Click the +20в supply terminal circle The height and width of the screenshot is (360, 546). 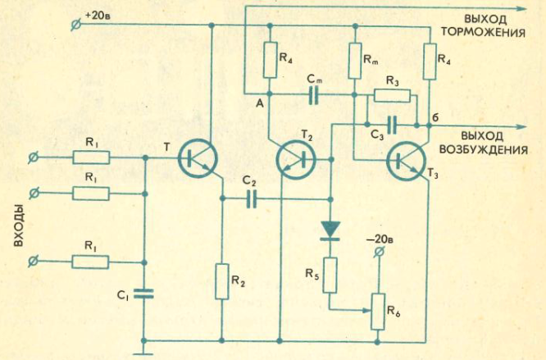[x=76, y=25]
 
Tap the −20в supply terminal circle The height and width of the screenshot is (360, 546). [x=380, y=252]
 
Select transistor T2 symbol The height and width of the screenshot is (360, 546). [x=296, y=160]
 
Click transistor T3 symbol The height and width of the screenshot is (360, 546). [x=407, y=161]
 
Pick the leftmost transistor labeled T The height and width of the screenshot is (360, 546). [x=198, y=159]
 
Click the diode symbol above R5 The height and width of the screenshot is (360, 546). [x=330, y=230]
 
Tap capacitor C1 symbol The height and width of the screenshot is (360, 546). [x=143, y=294]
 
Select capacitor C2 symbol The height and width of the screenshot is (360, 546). [x=252, y=198]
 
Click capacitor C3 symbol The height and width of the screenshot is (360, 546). [x=392, y=125]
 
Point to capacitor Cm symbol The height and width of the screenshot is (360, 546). [x=313, y=94]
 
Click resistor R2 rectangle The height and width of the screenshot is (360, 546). [x=222, y=281]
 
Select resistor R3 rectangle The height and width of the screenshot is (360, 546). [x=392, y=96]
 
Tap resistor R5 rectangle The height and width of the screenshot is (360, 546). [x=330, y=276]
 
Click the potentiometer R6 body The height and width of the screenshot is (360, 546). [x=378, y=312]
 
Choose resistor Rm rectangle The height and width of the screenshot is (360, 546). [x=355, y=61]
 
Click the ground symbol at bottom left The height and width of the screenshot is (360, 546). [x=143, y=350]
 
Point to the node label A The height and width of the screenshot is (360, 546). [x=260, y=103]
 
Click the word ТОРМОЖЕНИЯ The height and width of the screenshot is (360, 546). [x=484, y=32]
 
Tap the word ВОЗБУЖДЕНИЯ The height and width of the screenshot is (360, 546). [x=484, y=150]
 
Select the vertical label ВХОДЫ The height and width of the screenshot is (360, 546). [x=19, y=226]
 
